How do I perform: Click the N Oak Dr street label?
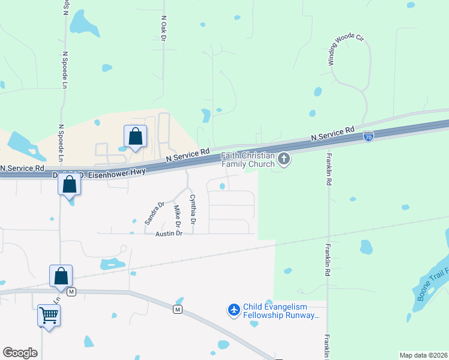pyautogui.click(x=163, y=28)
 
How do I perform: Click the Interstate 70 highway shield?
pyautogui.click(x=369, y=137)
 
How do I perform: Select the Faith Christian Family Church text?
pyautogui.click(x=248, y=159)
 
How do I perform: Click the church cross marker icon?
pyautogui.click(x=284, y=159)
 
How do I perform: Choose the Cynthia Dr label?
pyautogui.click(x=193, y=209)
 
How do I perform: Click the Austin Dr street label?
pyautogui.click(x=169, y=233)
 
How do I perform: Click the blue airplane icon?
pyautogui.click(x=234, y=310)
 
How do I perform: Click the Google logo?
pyautogui.click(x=20, y=352)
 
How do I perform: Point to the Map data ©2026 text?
pyautogui.click(x=423, y=355)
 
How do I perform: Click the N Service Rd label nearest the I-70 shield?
pyautogui.click(x=332, y=134)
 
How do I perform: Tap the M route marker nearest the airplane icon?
pyautogui.click(x=178, y=310)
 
